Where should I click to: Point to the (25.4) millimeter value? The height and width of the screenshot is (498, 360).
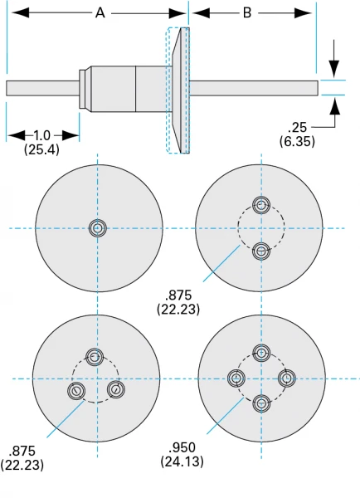(x=42, y=149)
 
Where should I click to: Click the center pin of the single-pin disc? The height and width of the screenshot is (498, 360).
(x=98, y=228)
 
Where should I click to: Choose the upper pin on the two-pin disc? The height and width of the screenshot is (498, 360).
(x=261, y=205)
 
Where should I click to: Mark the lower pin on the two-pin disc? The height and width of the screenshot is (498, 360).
(x=261, y=251)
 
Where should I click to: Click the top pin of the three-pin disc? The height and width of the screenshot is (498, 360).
(x=95, y=358)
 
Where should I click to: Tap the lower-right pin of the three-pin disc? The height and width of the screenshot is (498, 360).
(x=116, y=388)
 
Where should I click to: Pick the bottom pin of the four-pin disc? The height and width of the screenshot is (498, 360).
(x=261, y=403)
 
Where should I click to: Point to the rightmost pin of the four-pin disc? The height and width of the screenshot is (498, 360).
(x=286, y=379)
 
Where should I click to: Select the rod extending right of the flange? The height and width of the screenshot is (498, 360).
(x=253, y=88)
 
